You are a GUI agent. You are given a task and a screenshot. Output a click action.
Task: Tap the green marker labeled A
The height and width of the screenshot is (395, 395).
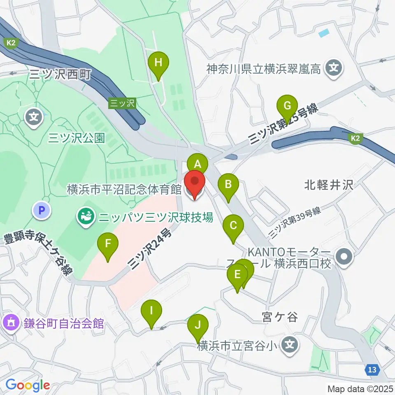point(197,164)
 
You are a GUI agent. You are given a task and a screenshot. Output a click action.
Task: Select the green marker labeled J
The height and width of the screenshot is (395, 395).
point(198,326)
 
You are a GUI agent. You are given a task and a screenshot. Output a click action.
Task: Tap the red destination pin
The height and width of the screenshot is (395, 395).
point(194,184)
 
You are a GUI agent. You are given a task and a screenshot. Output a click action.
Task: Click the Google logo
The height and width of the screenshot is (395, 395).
point(28,385)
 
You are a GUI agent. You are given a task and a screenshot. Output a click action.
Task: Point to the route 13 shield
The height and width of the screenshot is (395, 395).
point(372,370)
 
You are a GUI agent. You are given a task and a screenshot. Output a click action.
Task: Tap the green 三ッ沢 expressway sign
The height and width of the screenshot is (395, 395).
point(122,103)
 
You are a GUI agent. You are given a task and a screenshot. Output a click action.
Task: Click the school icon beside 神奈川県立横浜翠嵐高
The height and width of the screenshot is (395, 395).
point(334,67)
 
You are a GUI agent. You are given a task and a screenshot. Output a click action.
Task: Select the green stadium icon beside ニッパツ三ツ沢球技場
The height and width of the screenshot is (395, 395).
point(85,216)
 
